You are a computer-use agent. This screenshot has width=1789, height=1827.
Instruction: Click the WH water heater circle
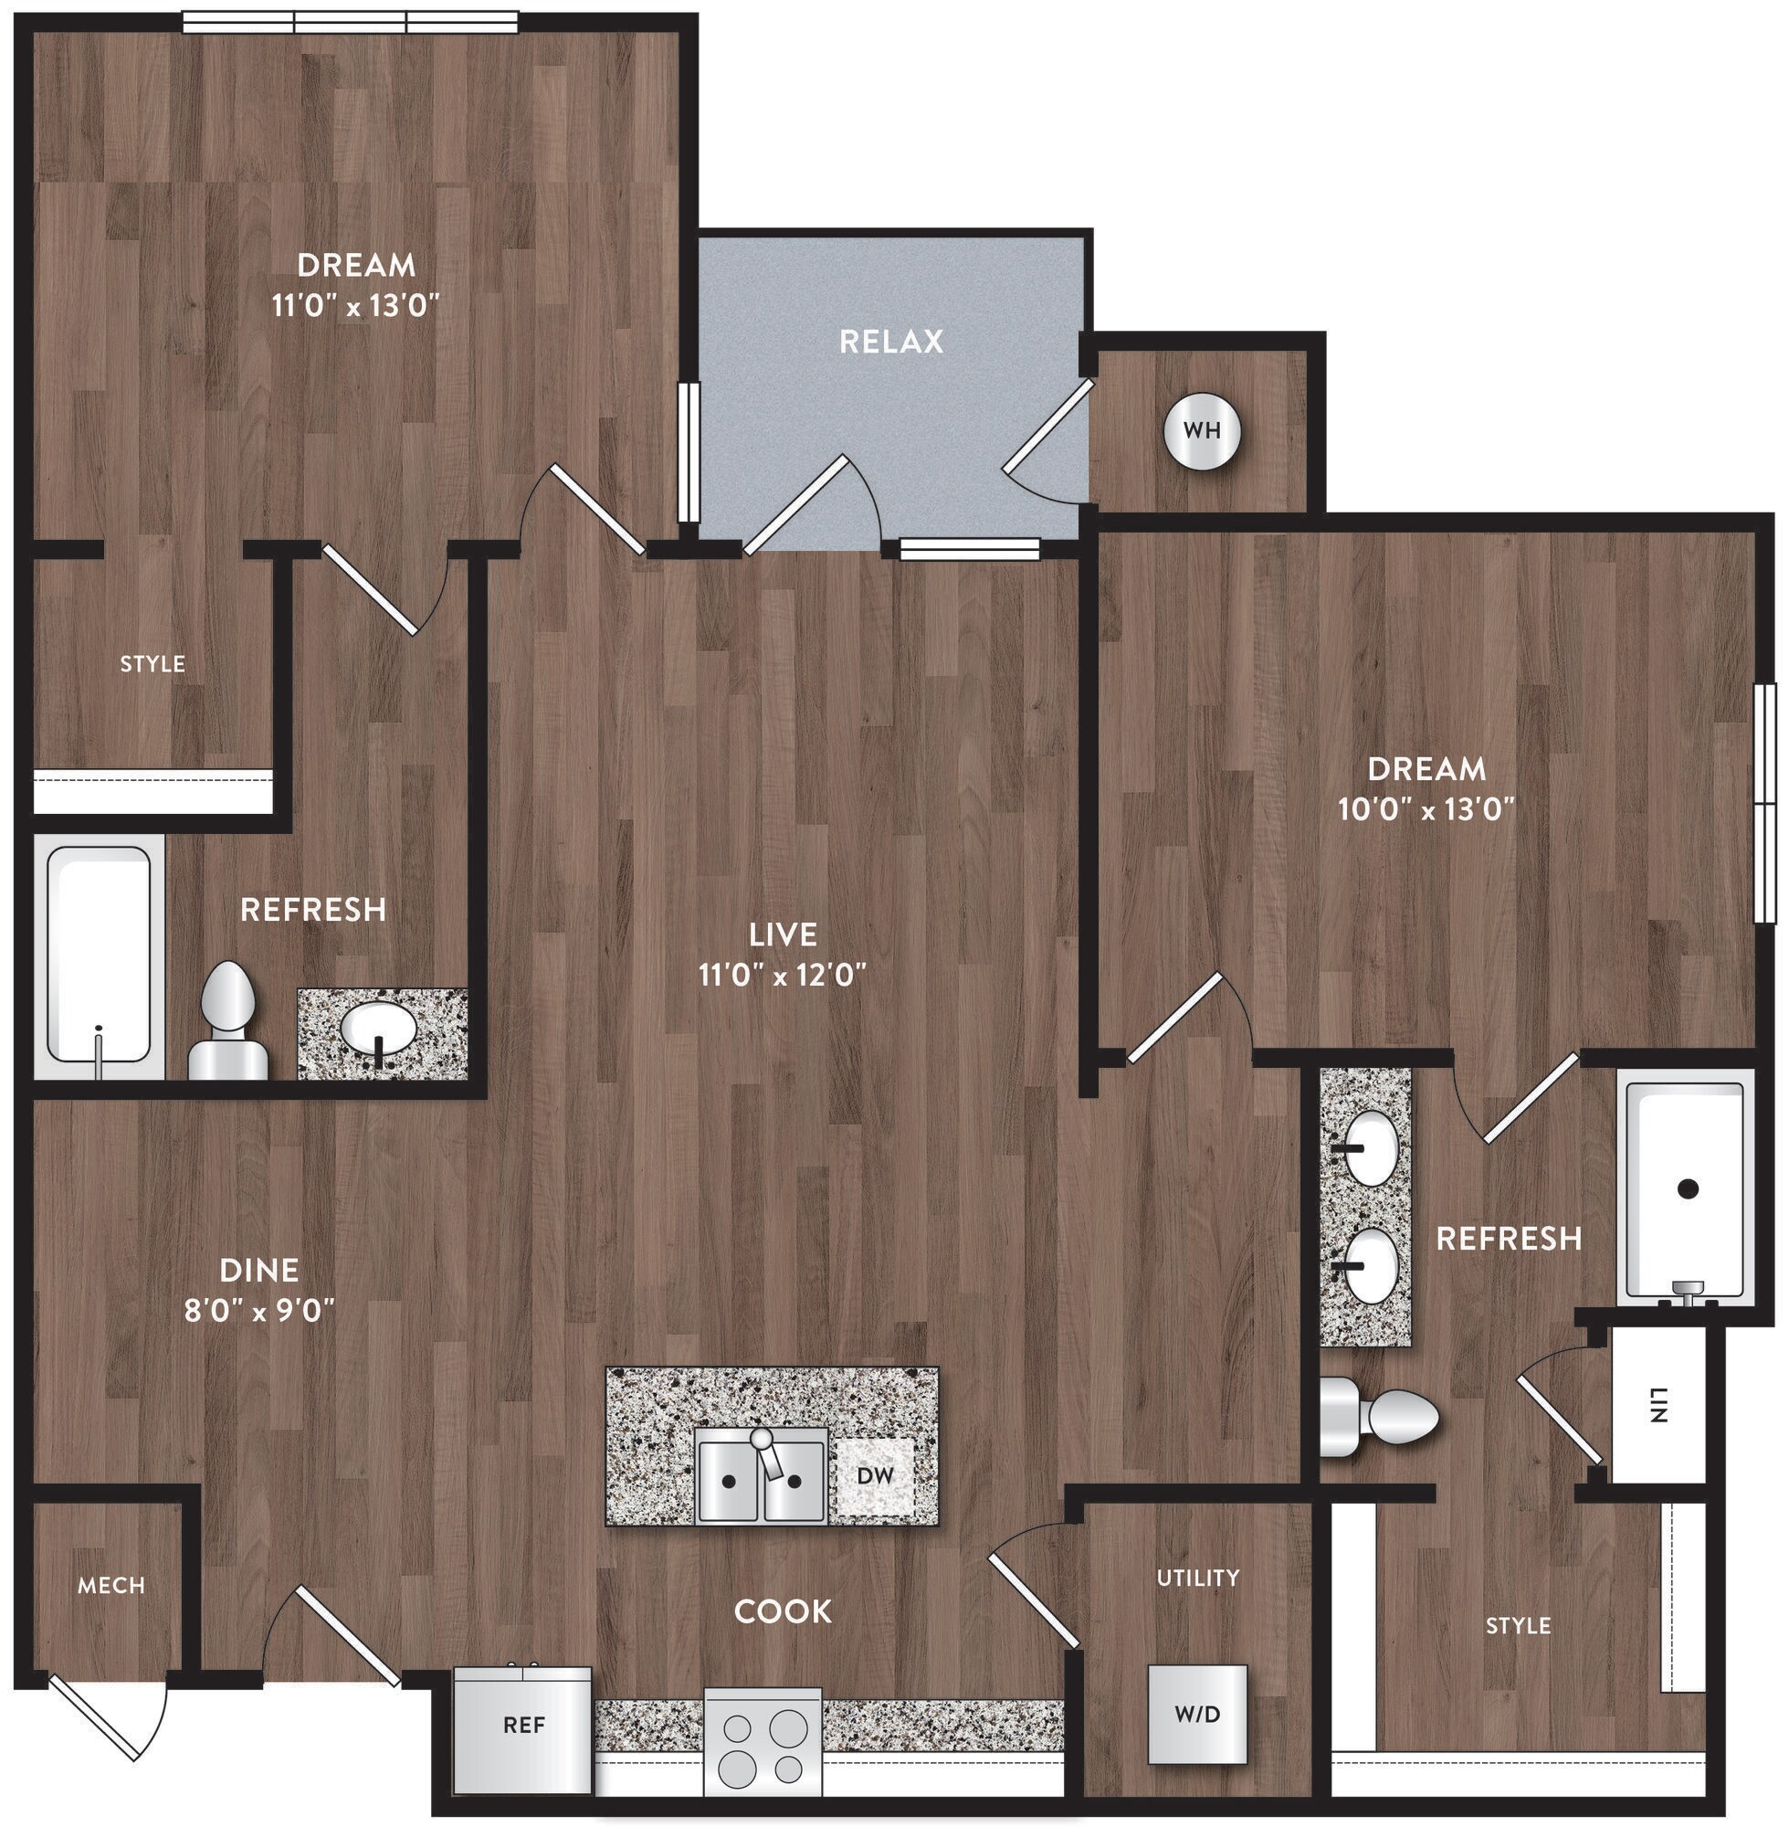(x=1202, y=431)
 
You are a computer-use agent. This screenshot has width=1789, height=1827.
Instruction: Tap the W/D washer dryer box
(x=1197, y=1715)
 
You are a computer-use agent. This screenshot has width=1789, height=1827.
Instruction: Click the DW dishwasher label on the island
(x=875, y=1475)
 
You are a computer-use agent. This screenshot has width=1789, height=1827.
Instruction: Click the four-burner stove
(x=762, y=1741)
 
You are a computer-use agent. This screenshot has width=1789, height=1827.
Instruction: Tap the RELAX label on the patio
(x=890, y=341)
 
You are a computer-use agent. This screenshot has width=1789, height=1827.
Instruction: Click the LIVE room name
(x=783, y=935)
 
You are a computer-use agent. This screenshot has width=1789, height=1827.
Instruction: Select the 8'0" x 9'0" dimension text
(x=259, y=1310)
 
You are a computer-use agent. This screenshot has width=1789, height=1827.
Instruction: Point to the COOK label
(x=783, y=1611)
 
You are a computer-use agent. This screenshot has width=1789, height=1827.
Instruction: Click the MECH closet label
(x=110, y=1587)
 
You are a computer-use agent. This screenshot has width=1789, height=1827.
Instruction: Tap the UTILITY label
(x=1197, y=1577)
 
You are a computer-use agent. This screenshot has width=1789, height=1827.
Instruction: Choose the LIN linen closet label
(x=1658, y=1405)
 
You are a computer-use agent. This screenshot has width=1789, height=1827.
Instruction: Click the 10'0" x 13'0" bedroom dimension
(x=1426, y=809)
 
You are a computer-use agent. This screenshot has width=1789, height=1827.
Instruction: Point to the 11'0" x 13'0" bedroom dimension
(x=356, y=305)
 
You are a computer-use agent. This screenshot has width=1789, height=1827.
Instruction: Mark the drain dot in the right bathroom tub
(x=1688, y=1188)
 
